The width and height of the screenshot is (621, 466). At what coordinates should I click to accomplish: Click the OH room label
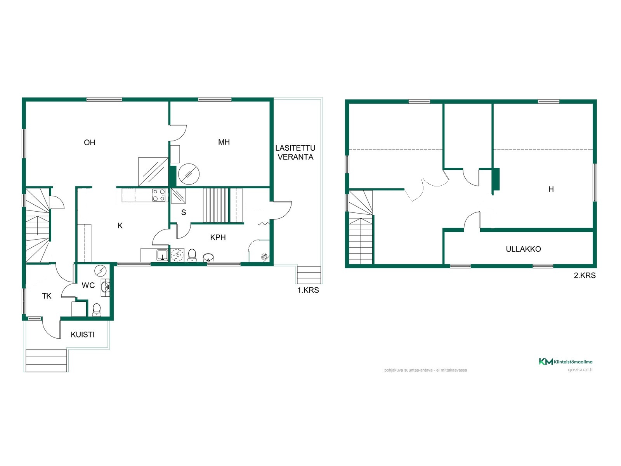(x=89, y=142)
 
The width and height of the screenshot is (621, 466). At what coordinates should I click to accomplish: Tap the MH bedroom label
(x=224, y=142)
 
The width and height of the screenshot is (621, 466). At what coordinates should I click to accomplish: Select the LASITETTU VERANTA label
(x=295, y=153)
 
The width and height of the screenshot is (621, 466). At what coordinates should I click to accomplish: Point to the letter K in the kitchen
(x=120, y=226)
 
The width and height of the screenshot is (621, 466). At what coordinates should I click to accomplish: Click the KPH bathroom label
(x=218, y=237)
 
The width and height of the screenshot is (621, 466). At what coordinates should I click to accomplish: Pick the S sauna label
(x=184, y=212)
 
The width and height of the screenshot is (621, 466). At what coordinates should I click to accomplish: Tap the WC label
(x=88, y=285)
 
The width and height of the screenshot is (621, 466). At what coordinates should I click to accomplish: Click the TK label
(x=47, y=296)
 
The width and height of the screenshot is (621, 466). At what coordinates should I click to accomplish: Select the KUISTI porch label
(x=83, y=334)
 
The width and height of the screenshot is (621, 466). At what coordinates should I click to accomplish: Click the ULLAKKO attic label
(x=524, y=249)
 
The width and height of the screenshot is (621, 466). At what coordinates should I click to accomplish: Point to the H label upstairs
(x=551, y=189)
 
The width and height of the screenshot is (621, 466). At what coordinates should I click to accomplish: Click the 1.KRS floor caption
(x=308, y=290)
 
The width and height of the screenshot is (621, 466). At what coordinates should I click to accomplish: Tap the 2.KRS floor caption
(x=585, y=275)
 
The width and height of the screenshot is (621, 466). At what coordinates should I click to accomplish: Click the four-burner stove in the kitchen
(x=159, y=195)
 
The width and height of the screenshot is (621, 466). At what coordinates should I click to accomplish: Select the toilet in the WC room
(x=97, y=310)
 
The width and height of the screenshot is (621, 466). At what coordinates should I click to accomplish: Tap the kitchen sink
(x=162, y=255)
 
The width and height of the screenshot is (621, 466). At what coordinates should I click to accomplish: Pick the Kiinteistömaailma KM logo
(x=565, y=362)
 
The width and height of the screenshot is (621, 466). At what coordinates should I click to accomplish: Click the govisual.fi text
(x=580, y=370)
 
